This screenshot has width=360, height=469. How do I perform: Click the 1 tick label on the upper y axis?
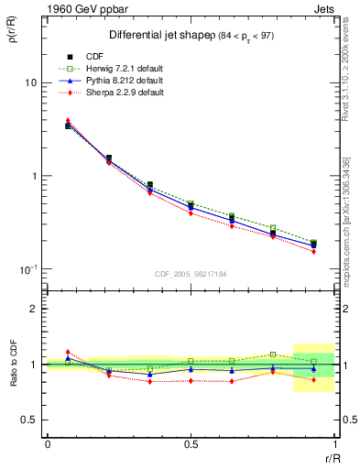(33, 176)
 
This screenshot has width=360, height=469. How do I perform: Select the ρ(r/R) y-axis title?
(10, 38)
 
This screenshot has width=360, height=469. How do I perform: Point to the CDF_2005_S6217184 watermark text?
(190, 274)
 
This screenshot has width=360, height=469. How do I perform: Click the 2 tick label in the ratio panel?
(33, 309)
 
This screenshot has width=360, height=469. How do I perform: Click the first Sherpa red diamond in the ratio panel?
(68, 352)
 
